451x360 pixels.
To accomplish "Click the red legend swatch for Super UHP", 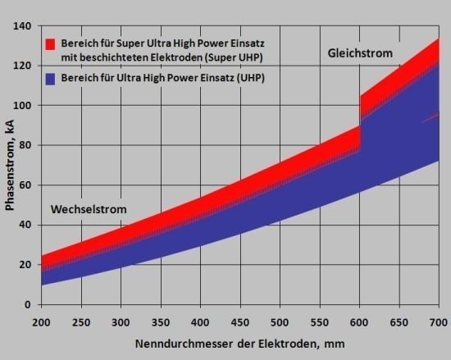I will tap(49, 43).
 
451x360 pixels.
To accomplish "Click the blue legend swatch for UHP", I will tap(49, 79).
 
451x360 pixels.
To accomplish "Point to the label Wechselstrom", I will tap(89, 209).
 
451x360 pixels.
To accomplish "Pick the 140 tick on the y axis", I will tap(23, 26).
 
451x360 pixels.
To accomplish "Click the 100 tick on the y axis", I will tap(23, 106).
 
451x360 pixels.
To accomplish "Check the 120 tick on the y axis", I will tap(23, 66).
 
